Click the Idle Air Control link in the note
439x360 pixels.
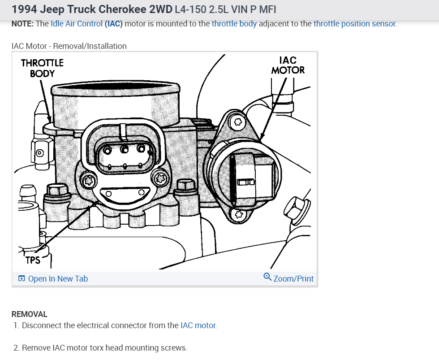[77, 24]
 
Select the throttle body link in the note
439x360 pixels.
[234, 24]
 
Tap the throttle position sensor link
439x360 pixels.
[355, 24]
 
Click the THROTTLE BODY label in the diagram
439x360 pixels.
[42, 68]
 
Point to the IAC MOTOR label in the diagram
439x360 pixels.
[288, 65]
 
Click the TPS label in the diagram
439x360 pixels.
[33, 260]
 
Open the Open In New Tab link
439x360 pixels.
[58, 279]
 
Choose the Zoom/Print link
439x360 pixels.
[293, 279]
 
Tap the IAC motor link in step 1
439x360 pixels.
[198, 325]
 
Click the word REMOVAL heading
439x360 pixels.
[29, 314]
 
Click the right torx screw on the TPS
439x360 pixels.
[159, 178]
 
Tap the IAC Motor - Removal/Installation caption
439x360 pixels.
[69, 46]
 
